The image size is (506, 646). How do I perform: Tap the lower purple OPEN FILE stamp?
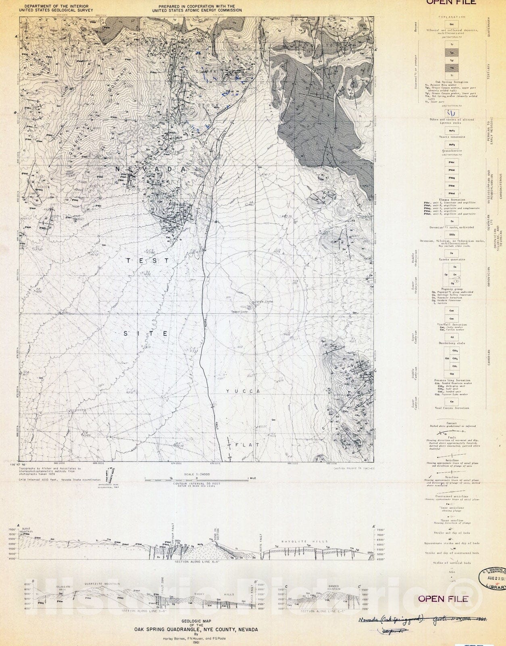(443, 598)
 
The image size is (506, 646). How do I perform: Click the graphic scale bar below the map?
(196, 478)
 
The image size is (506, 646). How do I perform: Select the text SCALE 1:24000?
(196, 474)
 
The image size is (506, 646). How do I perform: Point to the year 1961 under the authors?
(196, 643)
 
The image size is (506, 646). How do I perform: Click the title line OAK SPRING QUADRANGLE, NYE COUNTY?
(196, 629)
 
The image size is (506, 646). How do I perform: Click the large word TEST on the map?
(148, 261)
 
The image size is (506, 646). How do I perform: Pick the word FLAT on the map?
(247, 445)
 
